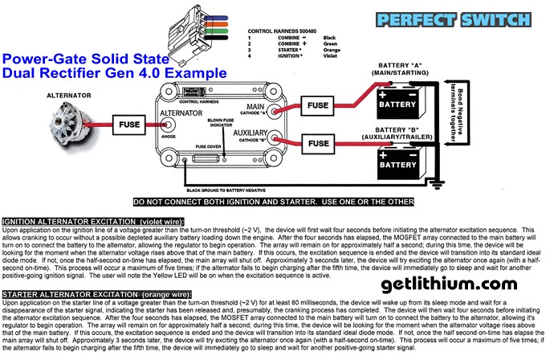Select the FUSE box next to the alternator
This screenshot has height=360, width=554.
[129, 126]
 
